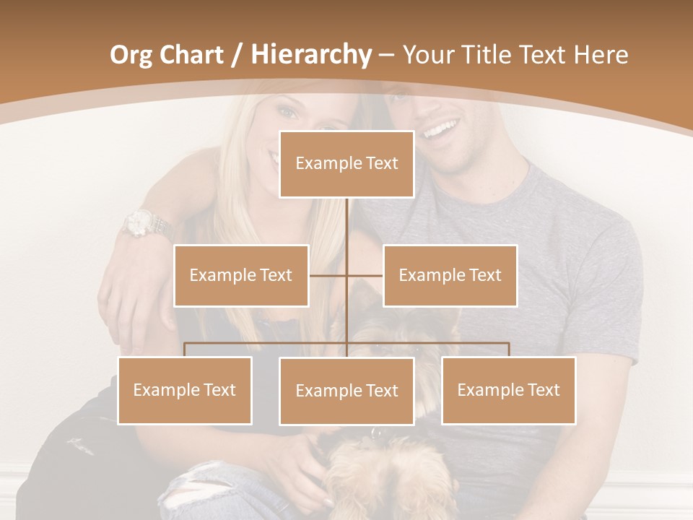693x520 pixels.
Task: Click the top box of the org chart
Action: (346, 164)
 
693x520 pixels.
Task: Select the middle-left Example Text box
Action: (241, 275)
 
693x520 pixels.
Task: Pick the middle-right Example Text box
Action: (450, 275)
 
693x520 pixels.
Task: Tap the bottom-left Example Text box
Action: (185, 390)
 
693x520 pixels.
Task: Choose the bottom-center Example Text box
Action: (346, 391)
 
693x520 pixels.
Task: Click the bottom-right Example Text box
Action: (508, 390)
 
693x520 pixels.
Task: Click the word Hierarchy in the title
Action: (311, 54)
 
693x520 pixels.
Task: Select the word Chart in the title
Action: (190, 55)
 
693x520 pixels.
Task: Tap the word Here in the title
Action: (601, 55)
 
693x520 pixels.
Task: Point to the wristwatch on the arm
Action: (145, 225)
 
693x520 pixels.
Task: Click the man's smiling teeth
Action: (440, 131)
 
